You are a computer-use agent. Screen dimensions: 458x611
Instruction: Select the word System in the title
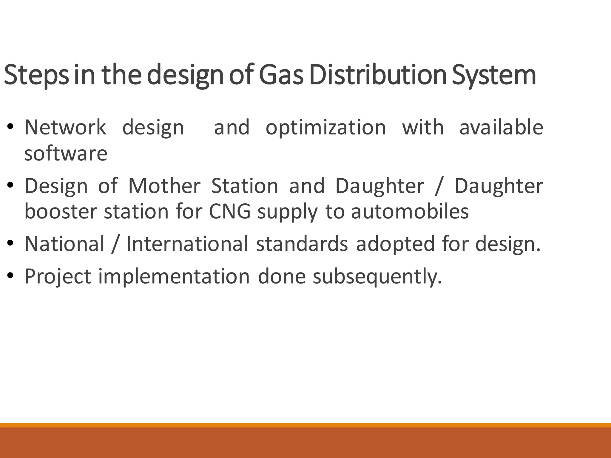point(494,75)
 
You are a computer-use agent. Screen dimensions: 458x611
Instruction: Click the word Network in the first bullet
point(65,127)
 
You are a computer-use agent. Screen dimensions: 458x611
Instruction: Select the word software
point(66,154)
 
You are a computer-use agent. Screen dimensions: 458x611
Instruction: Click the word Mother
point(164,186)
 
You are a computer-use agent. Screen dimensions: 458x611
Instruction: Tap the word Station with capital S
point(245,186)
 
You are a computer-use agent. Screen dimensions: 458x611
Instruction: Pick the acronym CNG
point(230,212)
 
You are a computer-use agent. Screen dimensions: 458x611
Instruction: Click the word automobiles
point(410,212)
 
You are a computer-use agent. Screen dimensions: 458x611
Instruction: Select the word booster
point(61,212)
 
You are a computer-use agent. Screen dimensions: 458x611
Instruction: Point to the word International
point(187,244)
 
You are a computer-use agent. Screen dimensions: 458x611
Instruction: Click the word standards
point(302,244)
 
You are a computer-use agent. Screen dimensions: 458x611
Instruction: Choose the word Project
point(58,277)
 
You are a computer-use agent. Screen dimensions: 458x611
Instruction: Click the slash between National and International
point(115,244)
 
